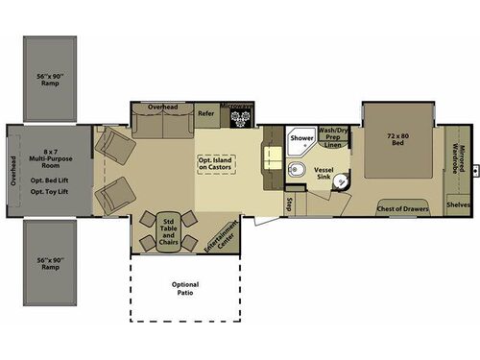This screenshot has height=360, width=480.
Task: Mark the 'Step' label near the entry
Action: point(288,204)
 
